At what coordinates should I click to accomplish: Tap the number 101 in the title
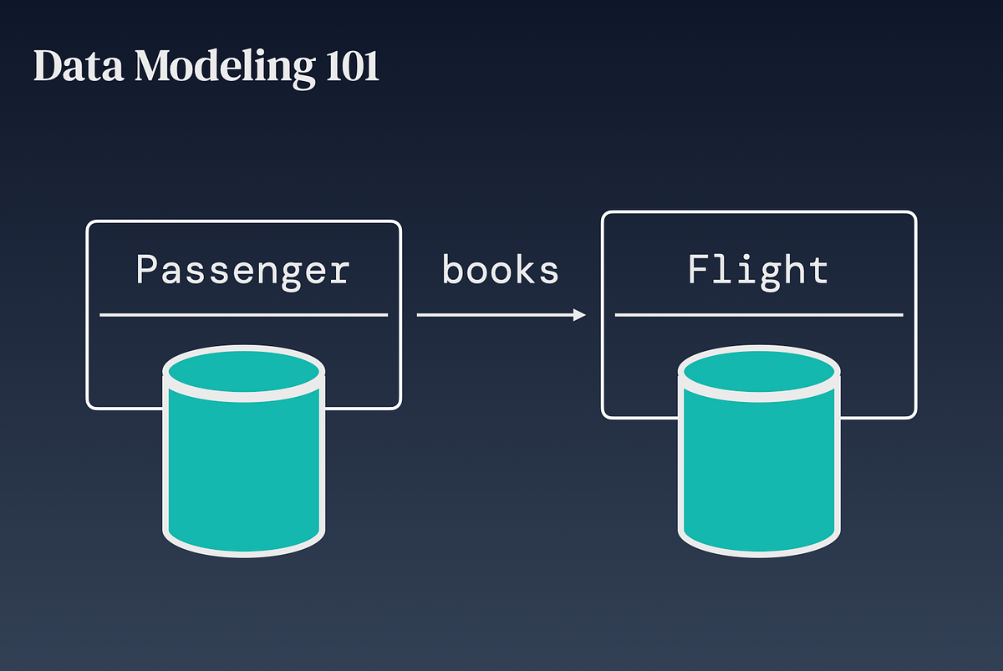coord(349,68)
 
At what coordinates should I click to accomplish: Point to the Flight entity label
coord(758,270)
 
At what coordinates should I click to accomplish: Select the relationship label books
coord(500,270)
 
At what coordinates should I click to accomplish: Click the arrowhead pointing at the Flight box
coord(579,315)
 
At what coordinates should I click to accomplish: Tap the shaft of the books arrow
coord(493,315)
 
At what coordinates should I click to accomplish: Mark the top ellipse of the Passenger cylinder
coord(243,372)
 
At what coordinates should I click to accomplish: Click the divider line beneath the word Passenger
coord(243,315)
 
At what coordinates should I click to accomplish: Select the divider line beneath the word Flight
coord(758,315)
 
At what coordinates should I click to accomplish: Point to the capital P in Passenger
coord(148,271)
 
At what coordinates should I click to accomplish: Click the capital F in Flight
coord(699,269)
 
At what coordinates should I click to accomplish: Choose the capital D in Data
coord(47,68)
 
